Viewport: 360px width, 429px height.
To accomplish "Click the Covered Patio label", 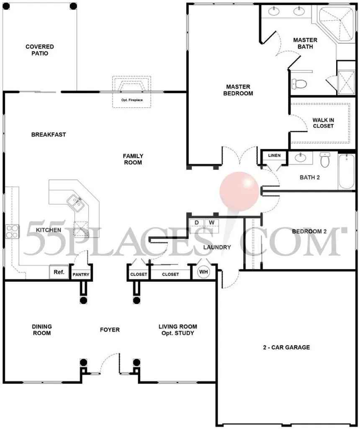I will (39, 50).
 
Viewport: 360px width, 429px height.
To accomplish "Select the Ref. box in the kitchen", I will (59, 272).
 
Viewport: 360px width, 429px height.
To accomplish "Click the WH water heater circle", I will (203, 272).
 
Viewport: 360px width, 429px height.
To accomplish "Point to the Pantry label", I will (81, 275).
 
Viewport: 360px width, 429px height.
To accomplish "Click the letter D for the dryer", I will (196, 222).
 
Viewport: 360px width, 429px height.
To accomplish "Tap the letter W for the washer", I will (212, 222).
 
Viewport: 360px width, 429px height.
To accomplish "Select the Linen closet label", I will (274, 156).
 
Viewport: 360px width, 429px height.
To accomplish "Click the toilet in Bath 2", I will (325, 159).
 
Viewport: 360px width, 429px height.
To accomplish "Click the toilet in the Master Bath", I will (299, 83).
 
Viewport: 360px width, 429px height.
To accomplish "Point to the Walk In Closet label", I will (323, 123).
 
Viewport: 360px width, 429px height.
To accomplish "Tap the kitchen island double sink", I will (76, 203).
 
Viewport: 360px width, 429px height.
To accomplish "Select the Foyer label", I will (110, 330).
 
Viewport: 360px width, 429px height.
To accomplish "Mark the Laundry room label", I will (217, 247).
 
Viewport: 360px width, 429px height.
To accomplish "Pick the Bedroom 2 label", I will (309, 231).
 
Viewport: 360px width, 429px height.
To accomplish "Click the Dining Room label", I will (41, 330).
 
